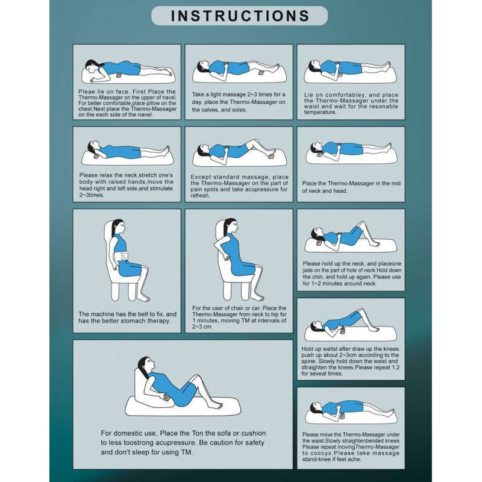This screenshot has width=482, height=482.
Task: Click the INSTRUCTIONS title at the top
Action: coord(240,16)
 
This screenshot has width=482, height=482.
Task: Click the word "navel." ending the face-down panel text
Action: coord(145,114)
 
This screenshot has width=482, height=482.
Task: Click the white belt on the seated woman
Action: coord(121,256)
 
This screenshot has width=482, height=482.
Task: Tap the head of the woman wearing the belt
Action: coord(118,227)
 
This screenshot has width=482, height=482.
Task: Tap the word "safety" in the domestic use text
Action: coord(254,443)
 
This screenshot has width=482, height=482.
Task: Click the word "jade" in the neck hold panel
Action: coord(307,271)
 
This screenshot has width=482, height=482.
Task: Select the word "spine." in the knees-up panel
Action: coord(309,361)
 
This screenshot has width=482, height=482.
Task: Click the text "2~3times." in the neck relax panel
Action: coord(91,195)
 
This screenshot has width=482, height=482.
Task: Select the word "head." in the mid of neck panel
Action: coord(340,191)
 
